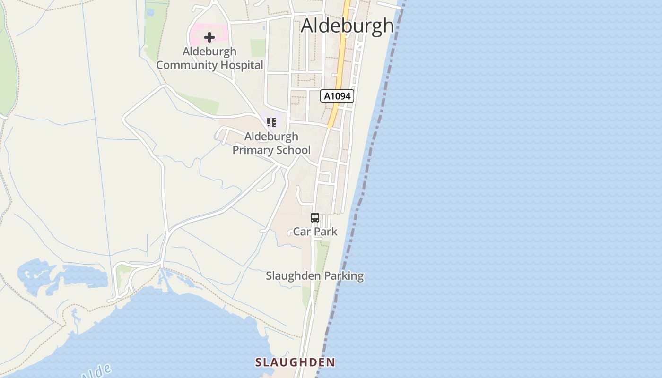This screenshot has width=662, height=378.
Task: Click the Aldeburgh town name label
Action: [347, 26]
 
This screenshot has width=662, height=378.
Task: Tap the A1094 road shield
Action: [337, 96]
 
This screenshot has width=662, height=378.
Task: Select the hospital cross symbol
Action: [209, 37]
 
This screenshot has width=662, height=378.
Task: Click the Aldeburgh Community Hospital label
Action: [209, 58]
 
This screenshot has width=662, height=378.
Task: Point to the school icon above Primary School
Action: [271, 123]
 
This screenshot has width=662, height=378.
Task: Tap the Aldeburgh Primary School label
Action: [271, 143]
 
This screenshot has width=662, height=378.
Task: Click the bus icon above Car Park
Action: [315, 218]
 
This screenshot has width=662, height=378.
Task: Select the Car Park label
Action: [315, 232]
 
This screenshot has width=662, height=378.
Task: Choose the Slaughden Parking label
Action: [314, 275]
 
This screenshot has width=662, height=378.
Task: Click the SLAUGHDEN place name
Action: [295, 362]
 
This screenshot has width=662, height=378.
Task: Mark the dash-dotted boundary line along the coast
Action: [373, 142]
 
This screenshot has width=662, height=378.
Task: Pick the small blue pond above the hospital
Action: [150, 12]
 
